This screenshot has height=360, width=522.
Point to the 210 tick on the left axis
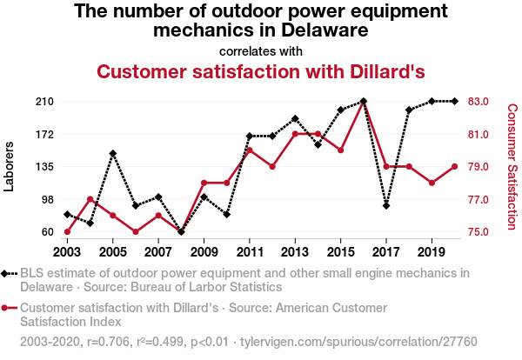(45, 102)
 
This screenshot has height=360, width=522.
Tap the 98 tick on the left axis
(48, 199)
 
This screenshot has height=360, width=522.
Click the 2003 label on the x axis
(67, 252)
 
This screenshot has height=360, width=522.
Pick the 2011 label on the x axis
(249, 252)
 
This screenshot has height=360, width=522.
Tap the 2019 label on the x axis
(432, 252)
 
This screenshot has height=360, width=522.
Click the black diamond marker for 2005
(112, 154)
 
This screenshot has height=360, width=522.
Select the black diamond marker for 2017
(385, 206)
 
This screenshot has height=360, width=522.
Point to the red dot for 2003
(67, 232)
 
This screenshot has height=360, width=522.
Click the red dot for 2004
(90, 199)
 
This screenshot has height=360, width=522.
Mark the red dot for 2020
(454, 167)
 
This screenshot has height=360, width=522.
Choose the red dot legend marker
(8, 308)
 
